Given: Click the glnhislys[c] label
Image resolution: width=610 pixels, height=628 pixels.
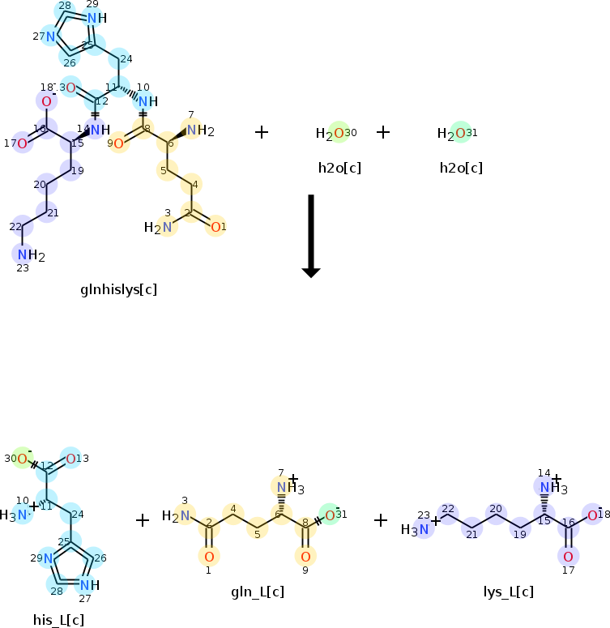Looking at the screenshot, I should (x=118, y=289).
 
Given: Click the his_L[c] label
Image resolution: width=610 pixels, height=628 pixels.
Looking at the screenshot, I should (x=58, y=621).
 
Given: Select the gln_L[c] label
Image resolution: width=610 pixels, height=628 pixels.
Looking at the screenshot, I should (x=257, y=592).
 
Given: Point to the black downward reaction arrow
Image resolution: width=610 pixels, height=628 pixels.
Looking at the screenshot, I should (x=312, y=235).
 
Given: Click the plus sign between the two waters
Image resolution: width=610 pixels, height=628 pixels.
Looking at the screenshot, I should (x=383, y=131).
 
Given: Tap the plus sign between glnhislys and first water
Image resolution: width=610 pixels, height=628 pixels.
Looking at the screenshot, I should (x=262, y=131).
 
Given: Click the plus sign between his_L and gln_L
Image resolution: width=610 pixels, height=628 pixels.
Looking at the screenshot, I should (x=143, y=520).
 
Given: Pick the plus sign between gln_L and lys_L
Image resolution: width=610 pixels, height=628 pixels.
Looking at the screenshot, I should (x=381, y=520).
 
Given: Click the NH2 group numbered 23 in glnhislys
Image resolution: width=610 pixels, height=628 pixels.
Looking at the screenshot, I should (x=30, y=255).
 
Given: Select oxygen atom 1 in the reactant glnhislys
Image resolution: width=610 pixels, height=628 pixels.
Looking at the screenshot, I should (x=215, y=228).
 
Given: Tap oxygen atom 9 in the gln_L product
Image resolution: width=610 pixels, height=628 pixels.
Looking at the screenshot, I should (x=305, y=556).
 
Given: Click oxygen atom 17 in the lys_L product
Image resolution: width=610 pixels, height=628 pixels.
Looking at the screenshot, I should (x=568, y=556).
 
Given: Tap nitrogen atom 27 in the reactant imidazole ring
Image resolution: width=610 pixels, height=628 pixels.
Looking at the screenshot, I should (x=49, y=36).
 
